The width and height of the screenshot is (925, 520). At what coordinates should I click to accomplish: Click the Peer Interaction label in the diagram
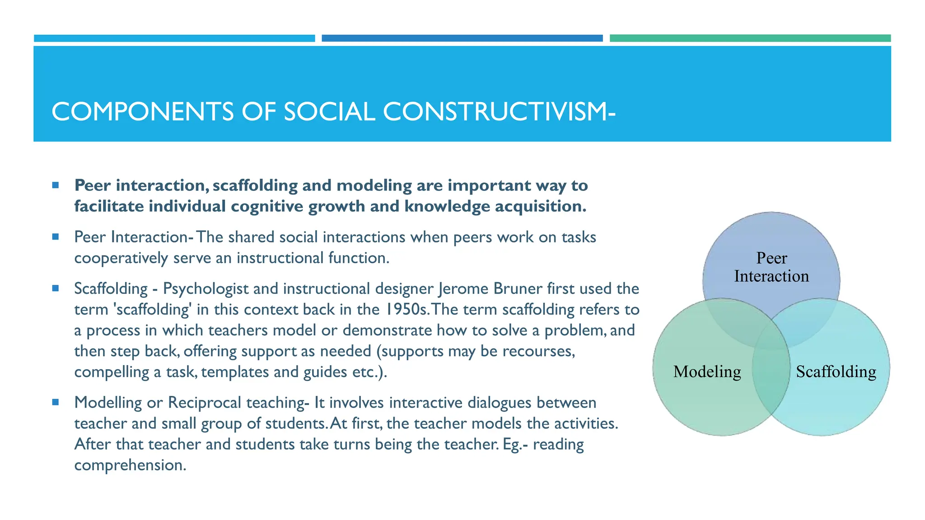pyautogui.click(x=771, y=267)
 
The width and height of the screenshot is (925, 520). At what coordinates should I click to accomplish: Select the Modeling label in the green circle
pyautogui.click(x=707, y=371)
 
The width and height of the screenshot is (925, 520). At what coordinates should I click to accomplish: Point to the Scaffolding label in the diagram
pyautogui.click(x=836, y=371)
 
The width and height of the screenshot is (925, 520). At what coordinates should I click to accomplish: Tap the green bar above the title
pyautogui.click(x=750, y=38)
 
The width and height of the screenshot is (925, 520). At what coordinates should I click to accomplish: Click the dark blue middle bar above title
pyautogui.click(x=462, y=38)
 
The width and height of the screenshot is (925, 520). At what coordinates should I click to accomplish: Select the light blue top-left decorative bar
pyautogui.click(x=174, y=38)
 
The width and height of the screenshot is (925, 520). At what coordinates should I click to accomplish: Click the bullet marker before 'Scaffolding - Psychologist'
pyautogui.click(x=56, y=288)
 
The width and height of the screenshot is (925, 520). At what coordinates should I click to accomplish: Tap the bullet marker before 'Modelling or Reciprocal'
pyautogui.click(x=56, y=402)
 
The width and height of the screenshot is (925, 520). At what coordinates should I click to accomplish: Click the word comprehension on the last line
pyautogui.click(x=130, y=465)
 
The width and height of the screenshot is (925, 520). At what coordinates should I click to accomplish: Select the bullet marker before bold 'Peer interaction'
pyautogui.click(x=56, y=185)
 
